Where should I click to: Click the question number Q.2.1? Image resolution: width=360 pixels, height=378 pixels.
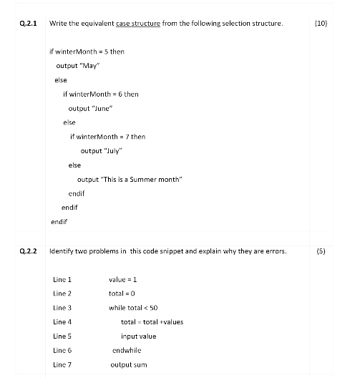(29, 24)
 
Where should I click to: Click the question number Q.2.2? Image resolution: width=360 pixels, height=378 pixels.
(29, 251)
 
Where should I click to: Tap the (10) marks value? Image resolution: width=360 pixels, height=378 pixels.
(321, 24)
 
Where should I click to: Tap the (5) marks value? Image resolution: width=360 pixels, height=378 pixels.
(321, 251)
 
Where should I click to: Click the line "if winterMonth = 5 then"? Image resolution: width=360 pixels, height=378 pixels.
(87, 52)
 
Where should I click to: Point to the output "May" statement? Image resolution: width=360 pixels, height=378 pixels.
(77, 66)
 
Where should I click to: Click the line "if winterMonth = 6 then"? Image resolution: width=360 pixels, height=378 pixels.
(101, 94)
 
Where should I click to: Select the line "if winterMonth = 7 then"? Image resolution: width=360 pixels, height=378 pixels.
(107, 137)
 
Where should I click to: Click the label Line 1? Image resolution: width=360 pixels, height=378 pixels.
(63, 279)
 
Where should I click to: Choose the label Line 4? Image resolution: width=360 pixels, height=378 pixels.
(63, 321)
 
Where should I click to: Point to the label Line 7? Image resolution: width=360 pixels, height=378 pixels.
(63, 364)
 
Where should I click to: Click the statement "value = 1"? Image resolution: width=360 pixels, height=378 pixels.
(122, 279)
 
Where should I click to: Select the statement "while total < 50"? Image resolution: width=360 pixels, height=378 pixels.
(133, 307)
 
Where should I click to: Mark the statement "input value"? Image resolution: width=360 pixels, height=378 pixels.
(138, 336)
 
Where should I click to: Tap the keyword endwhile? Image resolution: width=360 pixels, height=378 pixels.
(127, 350)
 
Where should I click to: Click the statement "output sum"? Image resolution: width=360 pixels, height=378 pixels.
(128, 364)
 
